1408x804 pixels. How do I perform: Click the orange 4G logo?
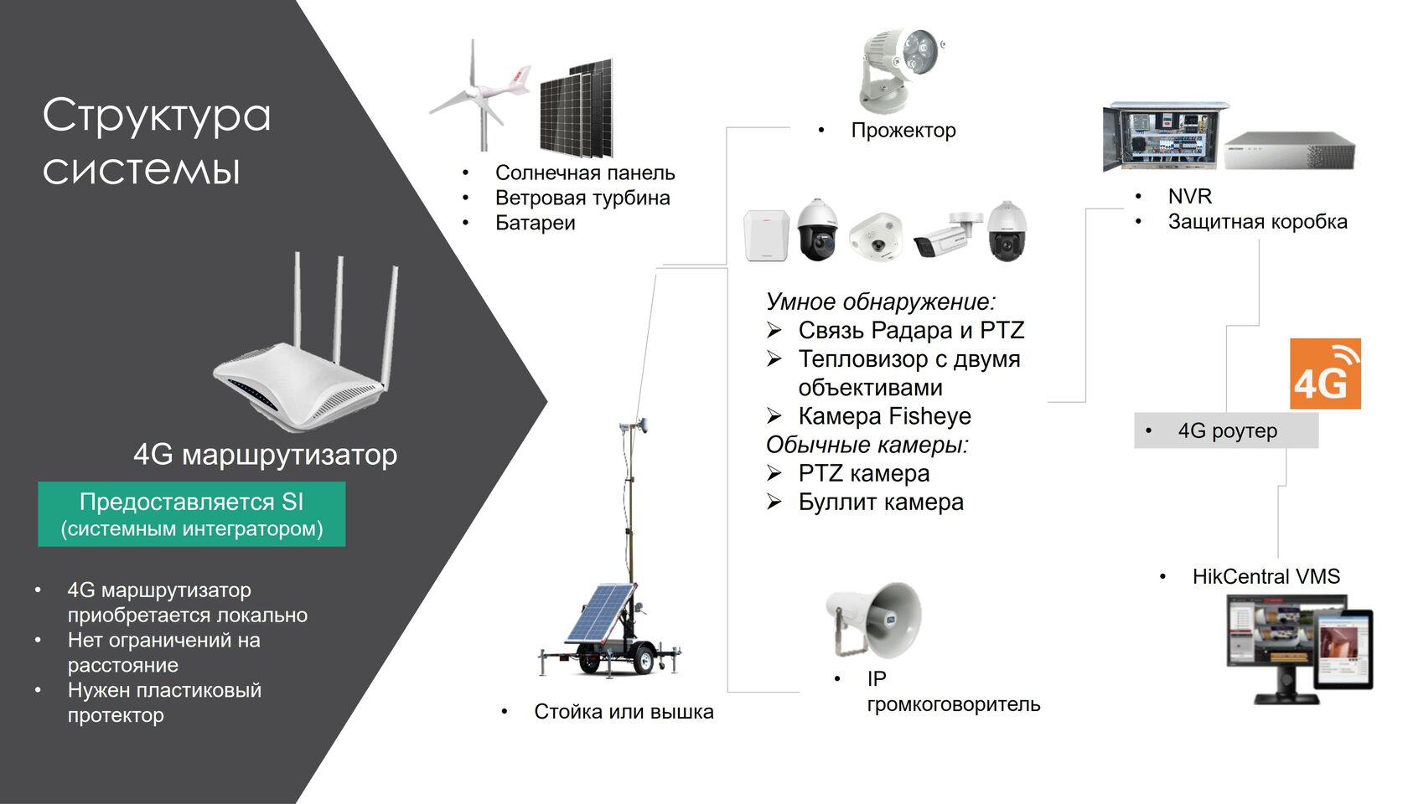coord(1324,374)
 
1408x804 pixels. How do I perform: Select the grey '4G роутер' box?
coord(1225,430)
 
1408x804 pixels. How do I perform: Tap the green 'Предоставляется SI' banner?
coord(191,513)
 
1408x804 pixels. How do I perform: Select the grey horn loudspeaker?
coord(874,618)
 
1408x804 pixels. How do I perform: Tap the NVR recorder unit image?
coord(1288,151)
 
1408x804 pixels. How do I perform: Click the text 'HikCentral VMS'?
coord(1266,576)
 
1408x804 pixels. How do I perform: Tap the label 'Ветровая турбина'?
coord(582,198)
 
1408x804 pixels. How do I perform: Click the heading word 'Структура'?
coord(157,116)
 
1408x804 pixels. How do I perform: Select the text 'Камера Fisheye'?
coord(884,416)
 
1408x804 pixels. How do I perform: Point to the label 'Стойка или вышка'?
coord(624,712)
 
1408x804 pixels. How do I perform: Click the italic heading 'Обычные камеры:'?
coord(867,445)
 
